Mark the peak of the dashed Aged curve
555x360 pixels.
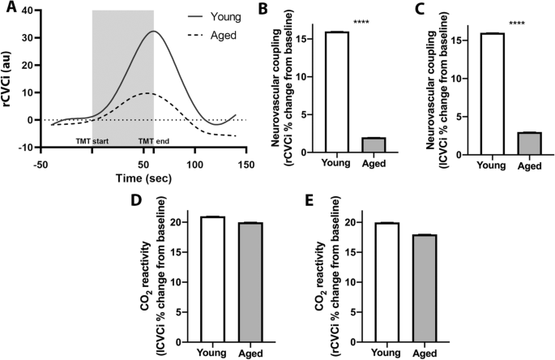pyautogui.click(x=144, y=93)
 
